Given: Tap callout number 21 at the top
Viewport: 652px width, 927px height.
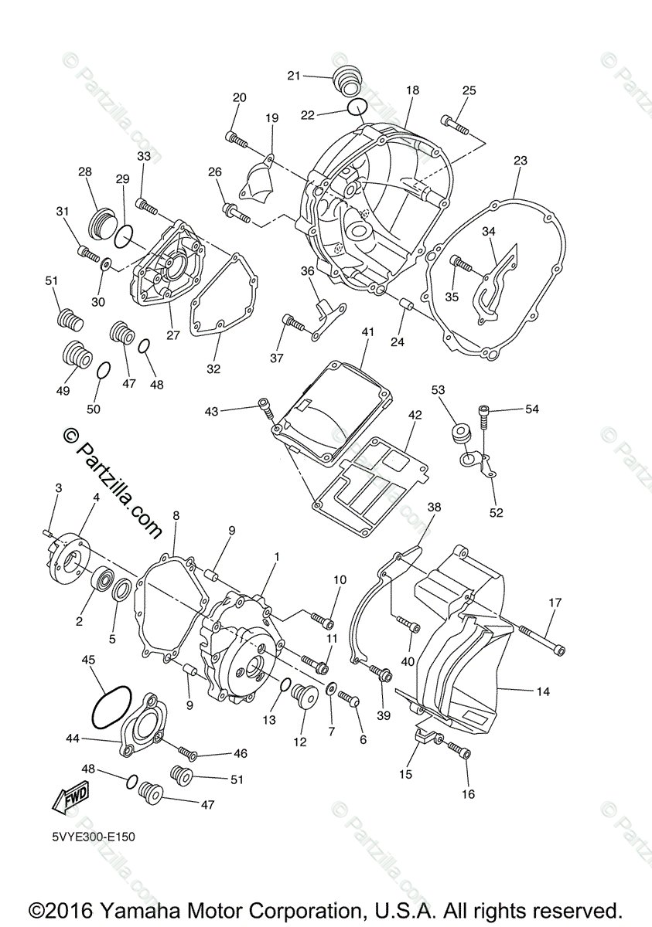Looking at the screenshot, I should [x=293, y=75].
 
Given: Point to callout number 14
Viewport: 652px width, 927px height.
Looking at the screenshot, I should [x=543, y=692].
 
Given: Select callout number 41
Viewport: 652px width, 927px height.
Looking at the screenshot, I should [x=367, y=332].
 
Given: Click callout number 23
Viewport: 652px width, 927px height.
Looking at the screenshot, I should [x=520, y=161].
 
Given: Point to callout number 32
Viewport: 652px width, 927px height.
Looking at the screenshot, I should [x=213, y=368].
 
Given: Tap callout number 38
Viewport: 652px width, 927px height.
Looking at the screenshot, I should [x=434, y=508].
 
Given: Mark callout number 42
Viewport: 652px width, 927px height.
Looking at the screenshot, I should [x=415, y=415].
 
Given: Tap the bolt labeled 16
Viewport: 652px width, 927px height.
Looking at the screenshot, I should [x=459, y=750].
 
